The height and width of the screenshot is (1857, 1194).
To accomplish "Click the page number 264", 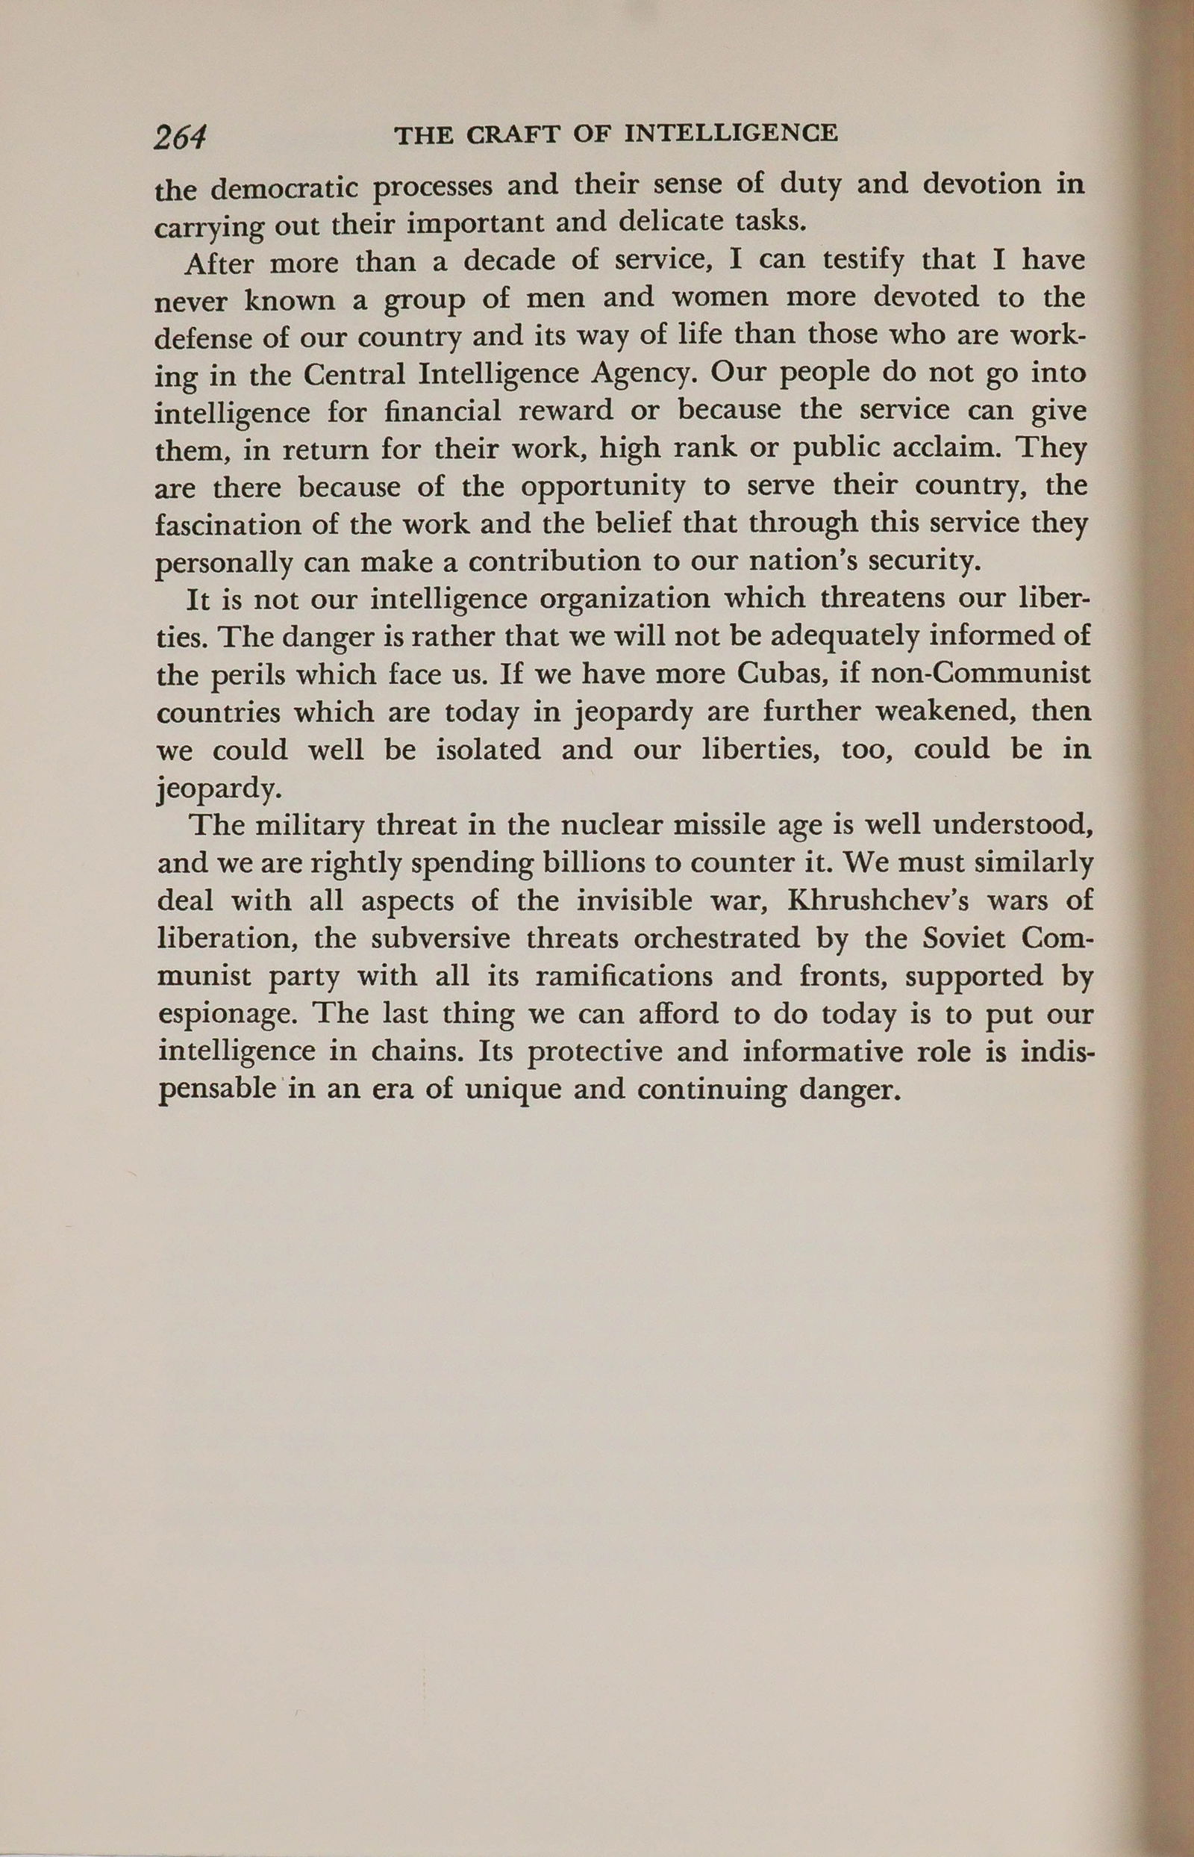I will (x=180, y=137).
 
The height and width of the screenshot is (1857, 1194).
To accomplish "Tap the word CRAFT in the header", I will (x=514, y=135).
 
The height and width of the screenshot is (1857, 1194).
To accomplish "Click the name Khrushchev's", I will (x=872, y=900).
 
